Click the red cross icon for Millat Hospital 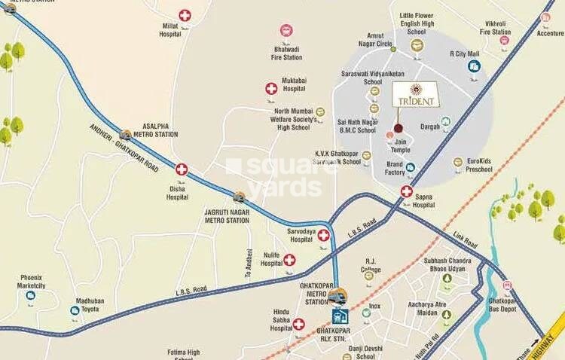tap(185, 15)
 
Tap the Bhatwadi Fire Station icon tap(286, 31)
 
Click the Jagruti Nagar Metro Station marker tap(240, 198)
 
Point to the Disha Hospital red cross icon tap(182, 169)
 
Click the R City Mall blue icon tap(474, 66)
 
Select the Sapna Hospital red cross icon tap(407, 191)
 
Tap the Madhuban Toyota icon tap(75, 310)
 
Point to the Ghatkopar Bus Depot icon tap(507, 286)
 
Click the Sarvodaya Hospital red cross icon tap(324, 236)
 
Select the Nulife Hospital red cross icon tap(289, 260)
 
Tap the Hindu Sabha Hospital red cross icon tap(298, 325)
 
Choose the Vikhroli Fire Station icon tap(504, 41)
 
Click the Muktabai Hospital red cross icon tap(271, 89)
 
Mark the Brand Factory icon tap(411, 167)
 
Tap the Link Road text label tap(465, 241)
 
